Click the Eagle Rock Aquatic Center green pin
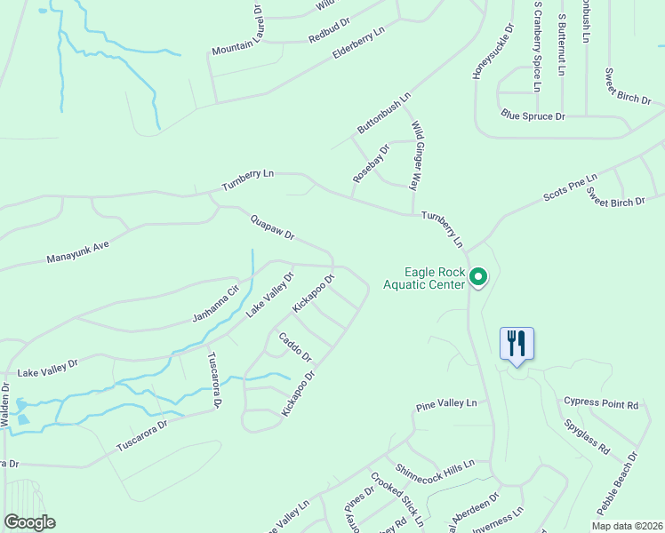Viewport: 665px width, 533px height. (478, 278)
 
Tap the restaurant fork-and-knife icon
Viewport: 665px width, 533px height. (517, 343)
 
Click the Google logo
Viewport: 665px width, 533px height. (29, 522)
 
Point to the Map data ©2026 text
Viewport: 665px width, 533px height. (626, 526)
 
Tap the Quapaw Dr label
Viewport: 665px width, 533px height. (272, 227)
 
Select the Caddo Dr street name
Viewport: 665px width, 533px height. (295, 346)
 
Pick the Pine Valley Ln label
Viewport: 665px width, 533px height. (446, 404)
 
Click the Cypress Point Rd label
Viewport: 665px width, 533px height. (601, 404)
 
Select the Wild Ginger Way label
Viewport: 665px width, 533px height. (417, 156)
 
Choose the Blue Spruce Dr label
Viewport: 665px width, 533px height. (533, 116)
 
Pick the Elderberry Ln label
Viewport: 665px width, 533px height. (358, 44)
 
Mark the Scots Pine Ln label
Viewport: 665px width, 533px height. (571, 189)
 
